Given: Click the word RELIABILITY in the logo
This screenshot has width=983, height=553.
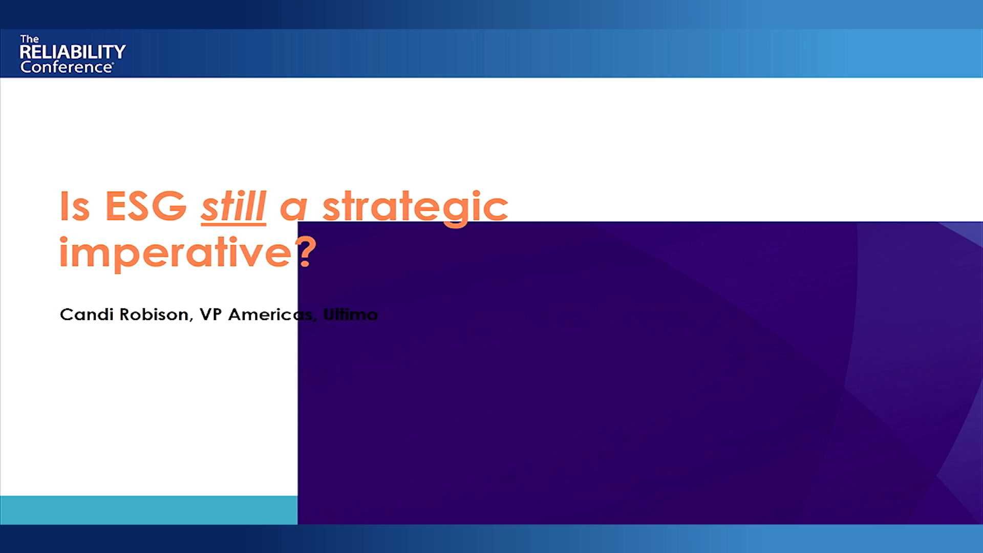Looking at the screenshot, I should pos(73,52).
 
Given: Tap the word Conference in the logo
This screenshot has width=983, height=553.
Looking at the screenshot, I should pos(66,67).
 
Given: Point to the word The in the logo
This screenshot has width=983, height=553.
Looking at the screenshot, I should pos(29,39).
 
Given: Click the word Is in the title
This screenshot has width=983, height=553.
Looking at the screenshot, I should pos(75,206).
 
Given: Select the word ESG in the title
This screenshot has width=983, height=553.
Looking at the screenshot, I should pos(145,206).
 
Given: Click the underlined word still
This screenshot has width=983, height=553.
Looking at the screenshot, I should pos(233,206).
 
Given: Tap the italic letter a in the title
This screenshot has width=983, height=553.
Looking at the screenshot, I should pos(294,208).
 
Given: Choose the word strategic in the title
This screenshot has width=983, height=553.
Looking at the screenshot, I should pos(415,207).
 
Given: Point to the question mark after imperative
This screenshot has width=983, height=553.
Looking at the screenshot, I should pos(305,252).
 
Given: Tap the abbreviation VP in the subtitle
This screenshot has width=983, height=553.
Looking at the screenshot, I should pos(210,314).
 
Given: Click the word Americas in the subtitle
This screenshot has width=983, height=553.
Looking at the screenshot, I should pos(270,314).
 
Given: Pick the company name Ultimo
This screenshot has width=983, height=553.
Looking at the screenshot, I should pos(351,314).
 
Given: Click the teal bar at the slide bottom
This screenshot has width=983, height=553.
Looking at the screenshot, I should pos(148,510).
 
